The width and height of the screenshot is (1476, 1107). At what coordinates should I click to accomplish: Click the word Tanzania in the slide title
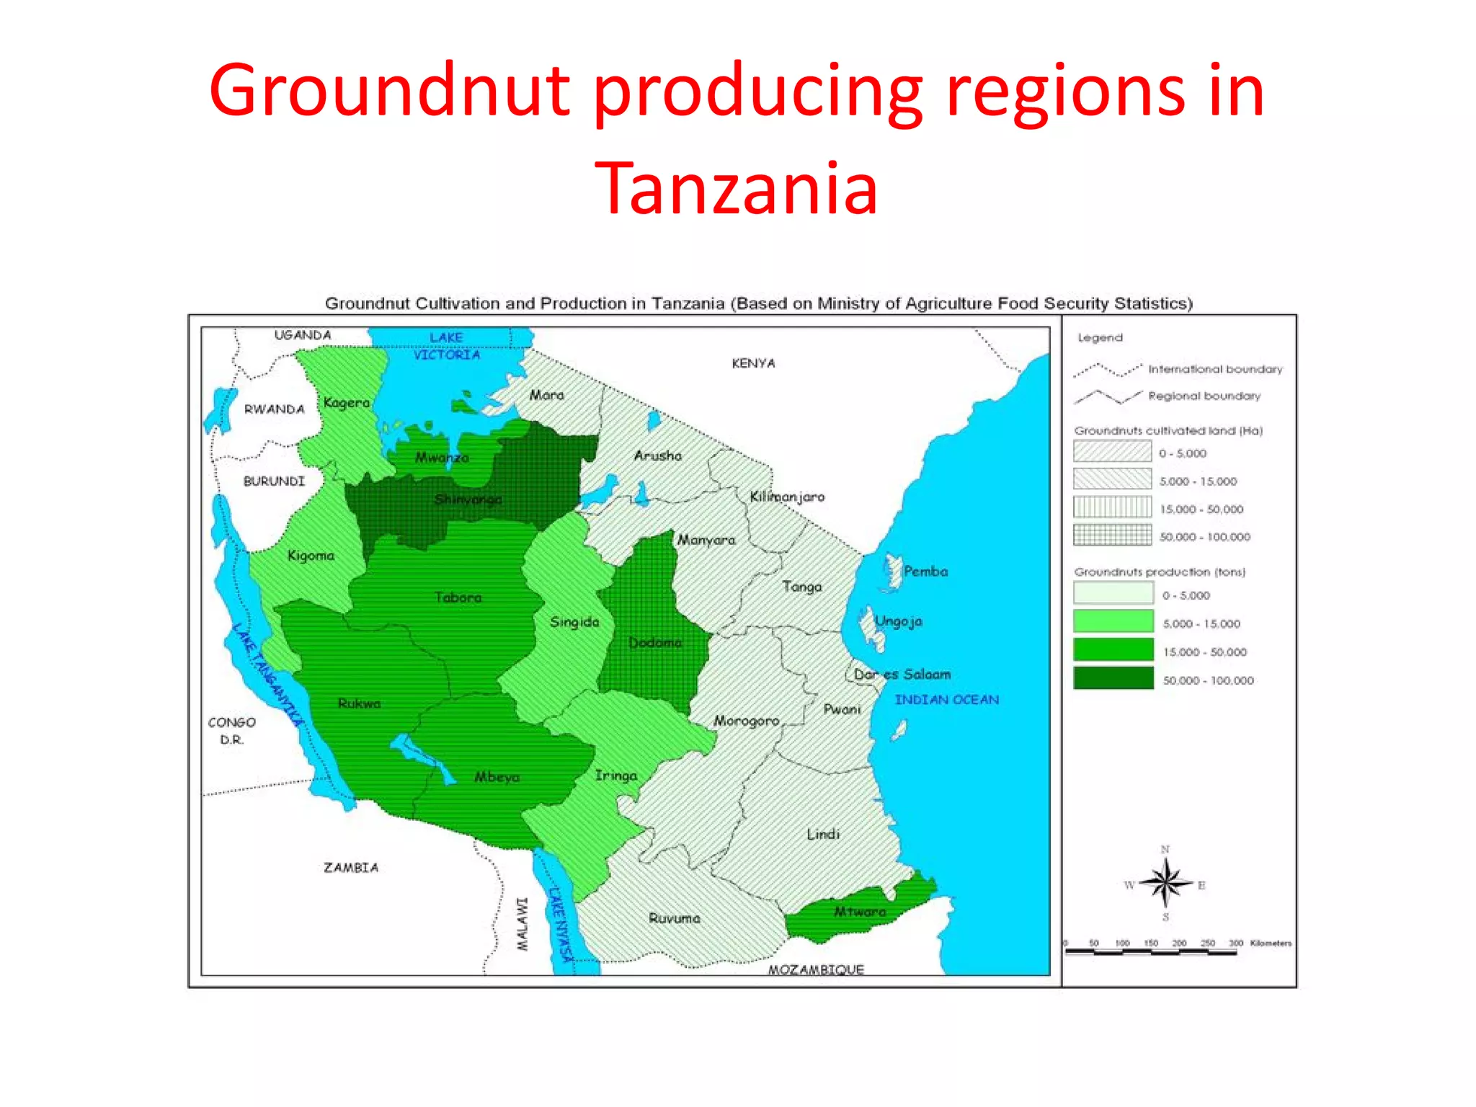pyautogui.click(x=736, y=189)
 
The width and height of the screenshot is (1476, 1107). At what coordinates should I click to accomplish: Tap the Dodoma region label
pyautogui.click(x=654, y=642)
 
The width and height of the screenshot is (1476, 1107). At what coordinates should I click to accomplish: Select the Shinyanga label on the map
pyautogui.click(x=468, y=499)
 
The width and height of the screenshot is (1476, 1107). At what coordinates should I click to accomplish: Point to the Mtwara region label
pyautogui.click(x=859, y=912)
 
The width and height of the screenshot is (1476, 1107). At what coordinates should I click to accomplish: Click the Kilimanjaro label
pyautogui.click(x=787, y=497)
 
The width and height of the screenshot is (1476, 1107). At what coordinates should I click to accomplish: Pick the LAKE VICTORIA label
pyautogui.click(x=446, y=346)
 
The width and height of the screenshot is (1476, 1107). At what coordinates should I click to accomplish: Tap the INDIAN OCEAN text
pyautogui.click(x=946, y=699)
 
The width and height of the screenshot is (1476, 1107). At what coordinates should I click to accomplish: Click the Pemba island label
pyautogui.click(x=925, y=572)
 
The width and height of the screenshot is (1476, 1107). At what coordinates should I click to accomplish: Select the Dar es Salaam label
pyautogui.click(x=902, y=675)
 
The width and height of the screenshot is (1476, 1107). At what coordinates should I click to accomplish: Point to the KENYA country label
pyautogui.click(x=753, y=363)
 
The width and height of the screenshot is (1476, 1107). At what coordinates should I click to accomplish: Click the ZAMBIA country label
pyautogui.click(x=350, y=868)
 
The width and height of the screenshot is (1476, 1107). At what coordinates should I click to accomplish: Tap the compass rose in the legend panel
pyautogui.click(x=1165, y=883)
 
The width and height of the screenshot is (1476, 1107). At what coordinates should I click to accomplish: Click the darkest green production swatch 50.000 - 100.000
pyautogui.click(x=1113, y=679)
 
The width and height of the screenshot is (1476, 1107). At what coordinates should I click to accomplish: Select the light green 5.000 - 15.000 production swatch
pyautogui.click(x=1113, y=622)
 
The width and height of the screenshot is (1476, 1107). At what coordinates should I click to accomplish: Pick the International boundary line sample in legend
pyautogui.click(x=1107, y=370)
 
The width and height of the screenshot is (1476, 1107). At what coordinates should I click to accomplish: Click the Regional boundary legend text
pyautogui.click(x=1204, y=396)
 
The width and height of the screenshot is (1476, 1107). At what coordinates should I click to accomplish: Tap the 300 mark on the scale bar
pyautogui.click(x=1235, y=943)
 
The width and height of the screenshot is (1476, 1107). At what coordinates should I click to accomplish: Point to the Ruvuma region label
pyautogui.click(x=674, y=918)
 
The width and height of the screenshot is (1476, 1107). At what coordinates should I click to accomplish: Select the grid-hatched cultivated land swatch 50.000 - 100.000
pyautogui.click(x=1112, y=535)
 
